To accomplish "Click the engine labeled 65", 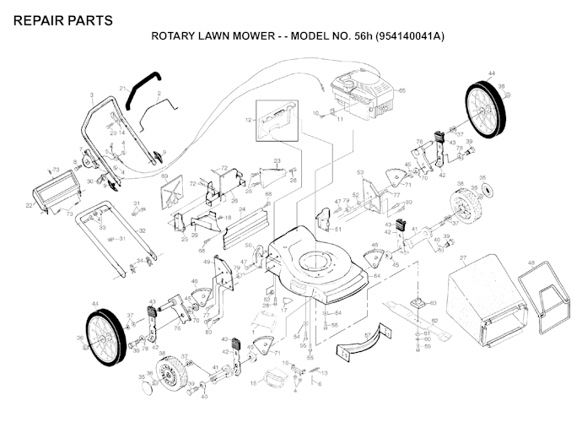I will click(x=358, y=95).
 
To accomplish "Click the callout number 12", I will click(x=249, y=122).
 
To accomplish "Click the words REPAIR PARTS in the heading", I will click(x=62, y=19).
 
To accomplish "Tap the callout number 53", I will click(x=360, y=172).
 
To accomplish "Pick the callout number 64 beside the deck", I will click(x=376, y=275).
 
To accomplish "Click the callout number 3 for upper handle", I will click(x=90, y=95).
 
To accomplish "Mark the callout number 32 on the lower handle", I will click(x=142, y=230).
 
